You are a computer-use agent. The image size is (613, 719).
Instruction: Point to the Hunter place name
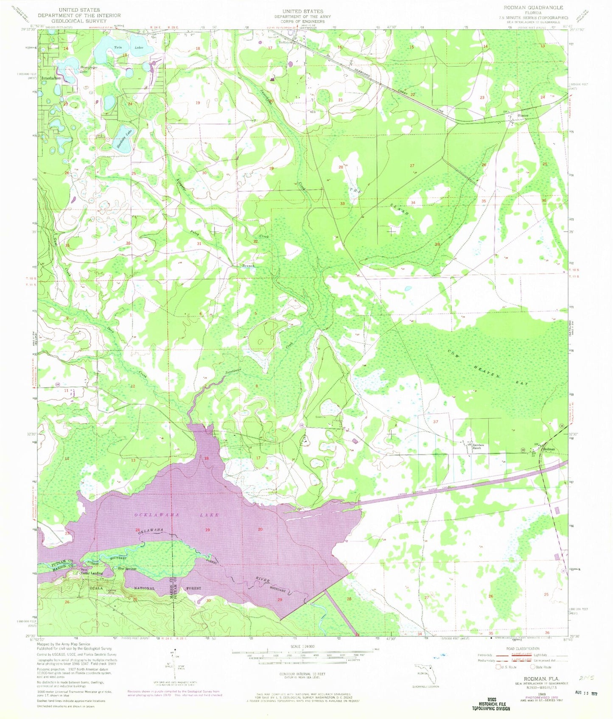[523, 115]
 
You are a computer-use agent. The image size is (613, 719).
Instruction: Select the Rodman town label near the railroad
[549, 449]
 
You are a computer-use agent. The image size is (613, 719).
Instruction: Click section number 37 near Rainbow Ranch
[435, 422]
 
